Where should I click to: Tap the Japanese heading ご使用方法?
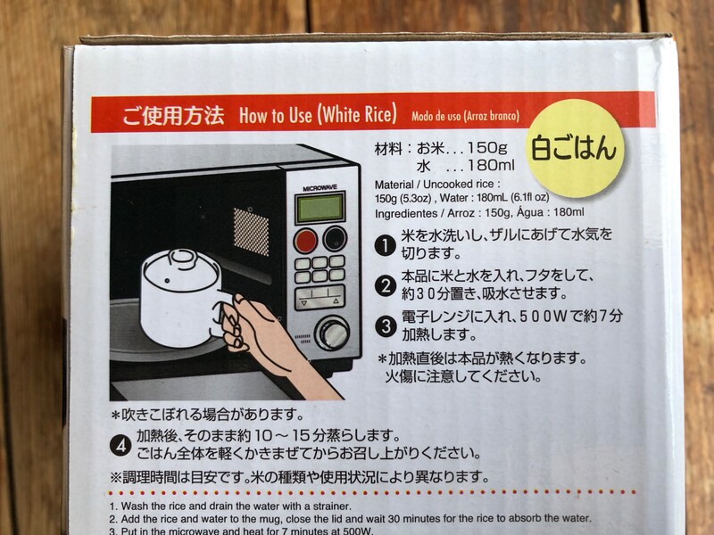coord(174,117)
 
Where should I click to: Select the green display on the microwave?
coord(320,208)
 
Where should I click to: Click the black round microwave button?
coord(335,238)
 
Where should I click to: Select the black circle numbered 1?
coord(385,243)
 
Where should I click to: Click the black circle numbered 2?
coord(385,286)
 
